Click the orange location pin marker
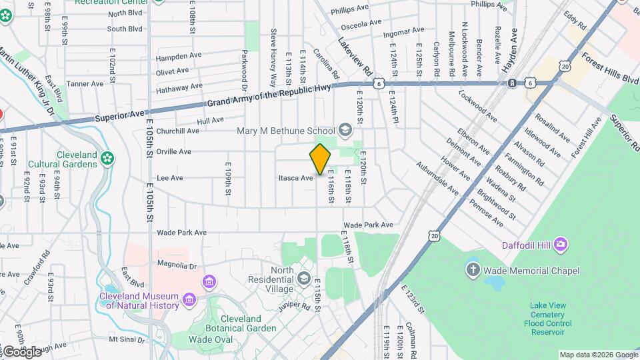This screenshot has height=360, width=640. [x=320, y=159]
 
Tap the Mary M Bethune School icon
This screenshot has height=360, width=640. [x=345, y=129]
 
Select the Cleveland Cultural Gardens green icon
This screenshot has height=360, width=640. [x=107, y=158]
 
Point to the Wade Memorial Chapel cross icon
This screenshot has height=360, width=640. [x=473, y=270]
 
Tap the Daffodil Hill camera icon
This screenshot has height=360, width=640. [x=561, y=245]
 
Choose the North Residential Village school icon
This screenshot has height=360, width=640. [x=305, y=277]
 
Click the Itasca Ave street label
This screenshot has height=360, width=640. [x=295, y=178]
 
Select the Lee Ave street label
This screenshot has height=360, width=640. [x=169, y=178]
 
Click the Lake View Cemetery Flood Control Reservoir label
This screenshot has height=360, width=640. [x=547, y=319]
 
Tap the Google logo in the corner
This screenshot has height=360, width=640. [x=22, y=351]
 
